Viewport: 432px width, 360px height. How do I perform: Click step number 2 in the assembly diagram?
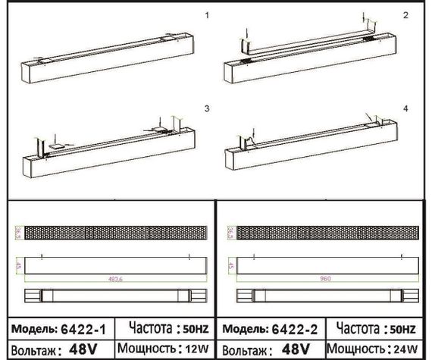point(405,15)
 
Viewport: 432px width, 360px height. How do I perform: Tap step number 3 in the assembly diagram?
point(207,109)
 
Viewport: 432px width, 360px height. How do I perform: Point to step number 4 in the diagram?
point(405,109)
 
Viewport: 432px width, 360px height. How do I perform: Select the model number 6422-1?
point(86,330)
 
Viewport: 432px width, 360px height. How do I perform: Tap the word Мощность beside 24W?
point(357,350)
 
